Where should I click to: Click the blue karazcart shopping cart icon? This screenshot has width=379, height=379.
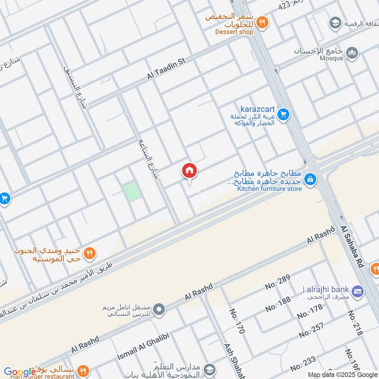(283, 114)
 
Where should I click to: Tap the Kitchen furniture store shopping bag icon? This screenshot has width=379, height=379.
(310, 180)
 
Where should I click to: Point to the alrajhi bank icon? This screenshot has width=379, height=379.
(357, 289)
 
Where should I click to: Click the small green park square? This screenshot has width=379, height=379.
(132, 191)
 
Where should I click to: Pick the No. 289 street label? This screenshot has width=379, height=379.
(277, 286)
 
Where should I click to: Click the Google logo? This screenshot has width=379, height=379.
(20, 372)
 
